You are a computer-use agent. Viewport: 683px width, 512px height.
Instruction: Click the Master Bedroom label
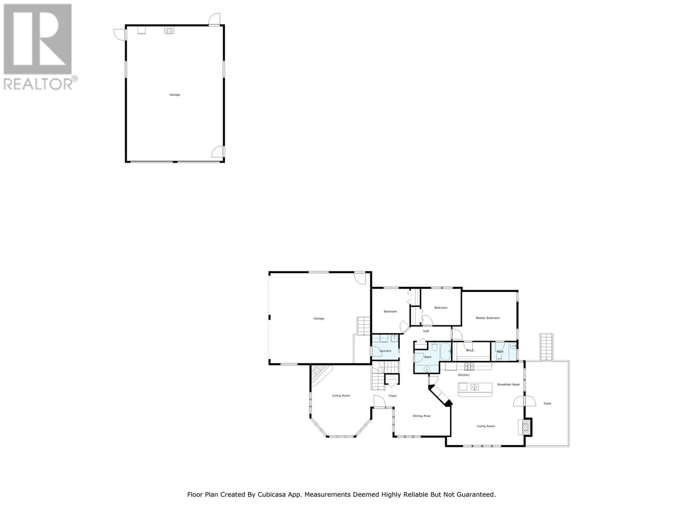[x=488, y=318]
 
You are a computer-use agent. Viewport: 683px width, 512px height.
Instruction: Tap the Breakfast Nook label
[x=509, y=385]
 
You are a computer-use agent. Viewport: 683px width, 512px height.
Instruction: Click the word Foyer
[x=392, y=396]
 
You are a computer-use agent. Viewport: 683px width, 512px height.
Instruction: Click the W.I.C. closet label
[x=470, y=350]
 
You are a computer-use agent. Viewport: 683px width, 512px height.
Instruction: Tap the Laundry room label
[x=385, y=351]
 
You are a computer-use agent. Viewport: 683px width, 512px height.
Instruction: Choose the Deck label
[x=547, y=403]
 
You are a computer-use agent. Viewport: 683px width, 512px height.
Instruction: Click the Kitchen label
[x=464, y=375]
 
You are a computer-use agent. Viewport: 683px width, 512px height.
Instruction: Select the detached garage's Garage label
[x=175, y=95]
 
